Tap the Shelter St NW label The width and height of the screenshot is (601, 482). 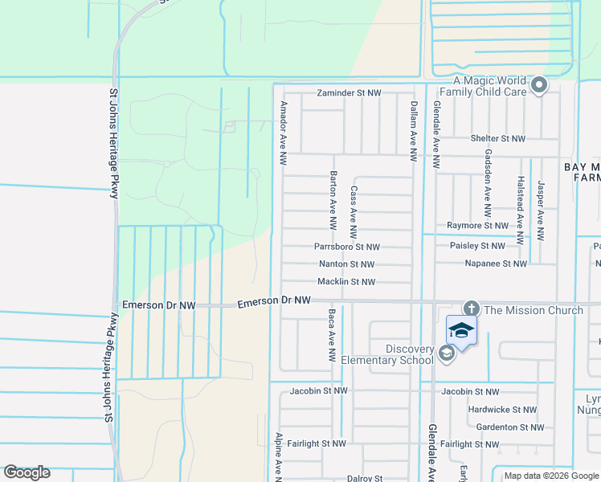tap(498, 138)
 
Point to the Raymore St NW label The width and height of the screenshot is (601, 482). tap(477, 226)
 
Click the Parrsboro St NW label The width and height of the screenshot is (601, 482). tap(346, 247)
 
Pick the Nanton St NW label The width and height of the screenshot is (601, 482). tap(346, 263)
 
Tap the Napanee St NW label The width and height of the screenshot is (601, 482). tap(496, 263)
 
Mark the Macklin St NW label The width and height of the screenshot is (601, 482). tap(346, 282)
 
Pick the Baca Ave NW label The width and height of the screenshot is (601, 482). tap(332, 335)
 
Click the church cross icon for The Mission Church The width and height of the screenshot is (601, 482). tap(471, 308)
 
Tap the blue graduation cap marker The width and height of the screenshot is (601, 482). tap(462, 331)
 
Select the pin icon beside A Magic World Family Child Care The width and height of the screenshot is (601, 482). tap(539, 84)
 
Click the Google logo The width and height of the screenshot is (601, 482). tap(27, 472)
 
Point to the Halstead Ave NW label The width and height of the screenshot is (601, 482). tap(521, 211)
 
